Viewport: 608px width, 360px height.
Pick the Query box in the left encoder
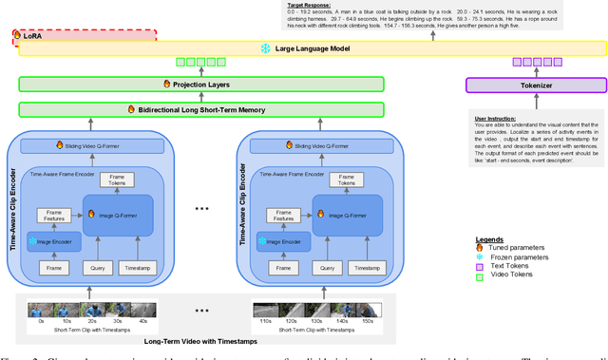pyautogui.click(x=93, y=269)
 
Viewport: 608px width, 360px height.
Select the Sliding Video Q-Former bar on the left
pyautogui.click(x=92, y=145)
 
